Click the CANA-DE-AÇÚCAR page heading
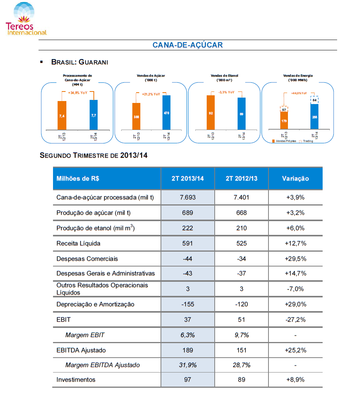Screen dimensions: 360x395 (x=188, y=45)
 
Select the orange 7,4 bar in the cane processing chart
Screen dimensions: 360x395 (x=62, y=116)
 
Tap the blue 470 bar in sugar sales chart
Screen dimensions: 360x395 (x=167, y=112)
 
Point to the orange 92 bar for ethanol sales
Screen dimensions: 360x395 (x=211, y=112)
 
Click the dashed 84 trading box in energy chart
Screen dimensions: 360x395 (x=314, y=100)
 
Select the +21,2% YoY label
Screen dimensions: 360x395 (x=151, y=94)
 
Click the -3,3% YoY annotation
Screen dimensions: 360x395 (x=227, y=92)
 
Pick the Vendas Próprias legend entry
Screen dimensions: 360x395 (x=284, y=141)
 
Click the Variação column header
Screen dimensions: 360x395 (x=296, y=178)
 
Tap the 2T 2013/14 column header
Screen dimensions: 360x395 (x=188, y=178)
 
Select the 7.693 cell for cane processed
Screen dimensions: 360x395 (x=188, y=197)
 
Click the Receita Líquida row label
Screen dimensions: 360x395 (x=78, y=243)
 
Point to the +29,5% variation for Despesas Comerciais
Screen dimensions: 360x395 (x=296, y=259)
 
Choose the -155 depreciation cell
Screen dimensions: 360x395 (x=188, y=304)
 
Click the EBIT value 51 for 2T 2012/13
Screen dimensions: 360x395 (x=242, y=320)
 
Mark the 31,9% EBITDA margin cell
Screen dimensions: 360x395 (x=188, y=365)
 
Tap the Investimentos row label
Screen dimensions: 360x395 (x=76, y=380)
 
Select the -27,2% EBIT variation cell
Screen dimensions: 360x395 (x=296, y=320)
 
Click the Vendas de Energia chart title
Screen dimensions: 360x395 (x=298, y=78)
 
